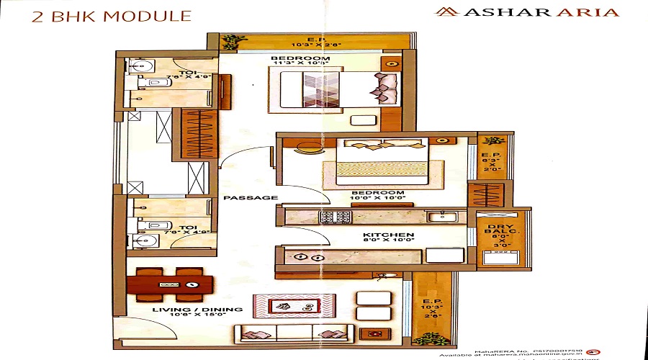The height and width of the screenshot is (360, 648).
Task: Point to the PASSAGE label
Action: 240,197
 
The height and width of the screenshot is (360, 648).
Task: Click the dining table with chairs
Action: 170,284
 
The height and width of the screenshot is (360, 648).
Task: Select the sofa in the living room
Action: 294,333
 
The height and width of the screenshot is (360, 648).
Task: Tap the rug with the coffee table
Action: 292,305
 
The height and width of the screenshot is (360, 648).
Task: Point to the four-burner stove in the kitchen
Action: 335,215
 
